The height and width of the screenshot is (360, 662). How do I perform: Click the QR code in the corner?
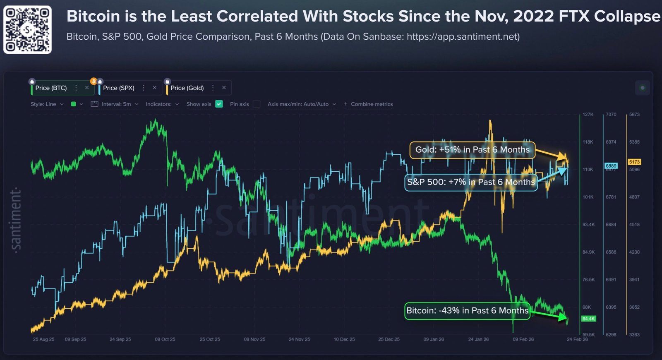(27, 29)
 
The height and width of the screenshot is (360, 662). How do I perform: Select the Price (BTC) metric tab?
(51, 88)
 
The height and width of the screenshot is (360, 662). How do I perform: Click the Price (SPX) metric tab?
(119, 88)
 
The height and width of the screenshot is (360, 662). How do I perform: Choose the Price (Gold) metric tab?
(187, 88)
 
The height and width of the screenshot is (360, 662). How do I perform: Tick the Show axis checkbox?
(219, 104)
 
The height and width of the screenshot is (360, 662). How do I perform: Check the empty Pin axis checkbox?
(257, 104)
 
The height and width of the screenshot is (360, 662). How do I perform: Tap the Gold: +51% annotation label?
(472, 150)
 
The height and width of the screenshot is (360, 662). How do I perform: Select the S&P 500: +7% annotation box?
(470, 182)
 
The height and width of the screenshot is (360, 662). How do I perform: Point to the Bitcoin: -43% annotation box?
(467, 311)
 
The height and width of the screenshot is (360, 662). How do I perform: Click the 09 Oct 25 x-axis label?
(165, 339)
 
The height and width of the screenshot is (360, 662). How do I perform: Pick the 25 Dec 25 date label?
(389, 339)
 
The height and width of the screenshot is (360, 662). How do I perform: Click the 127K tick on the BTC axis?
(588, 115)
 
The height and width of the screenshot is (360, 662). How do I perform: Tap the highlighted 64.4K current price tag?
(588, 319)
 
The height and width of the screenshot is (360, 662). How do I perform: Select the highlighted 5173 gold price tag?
(634, 162)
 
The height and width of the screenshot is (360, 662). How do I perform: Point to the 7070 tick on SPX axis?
(611, 115)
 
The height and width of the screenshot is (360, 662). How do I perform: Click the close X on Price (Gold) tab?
(224, 88)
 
